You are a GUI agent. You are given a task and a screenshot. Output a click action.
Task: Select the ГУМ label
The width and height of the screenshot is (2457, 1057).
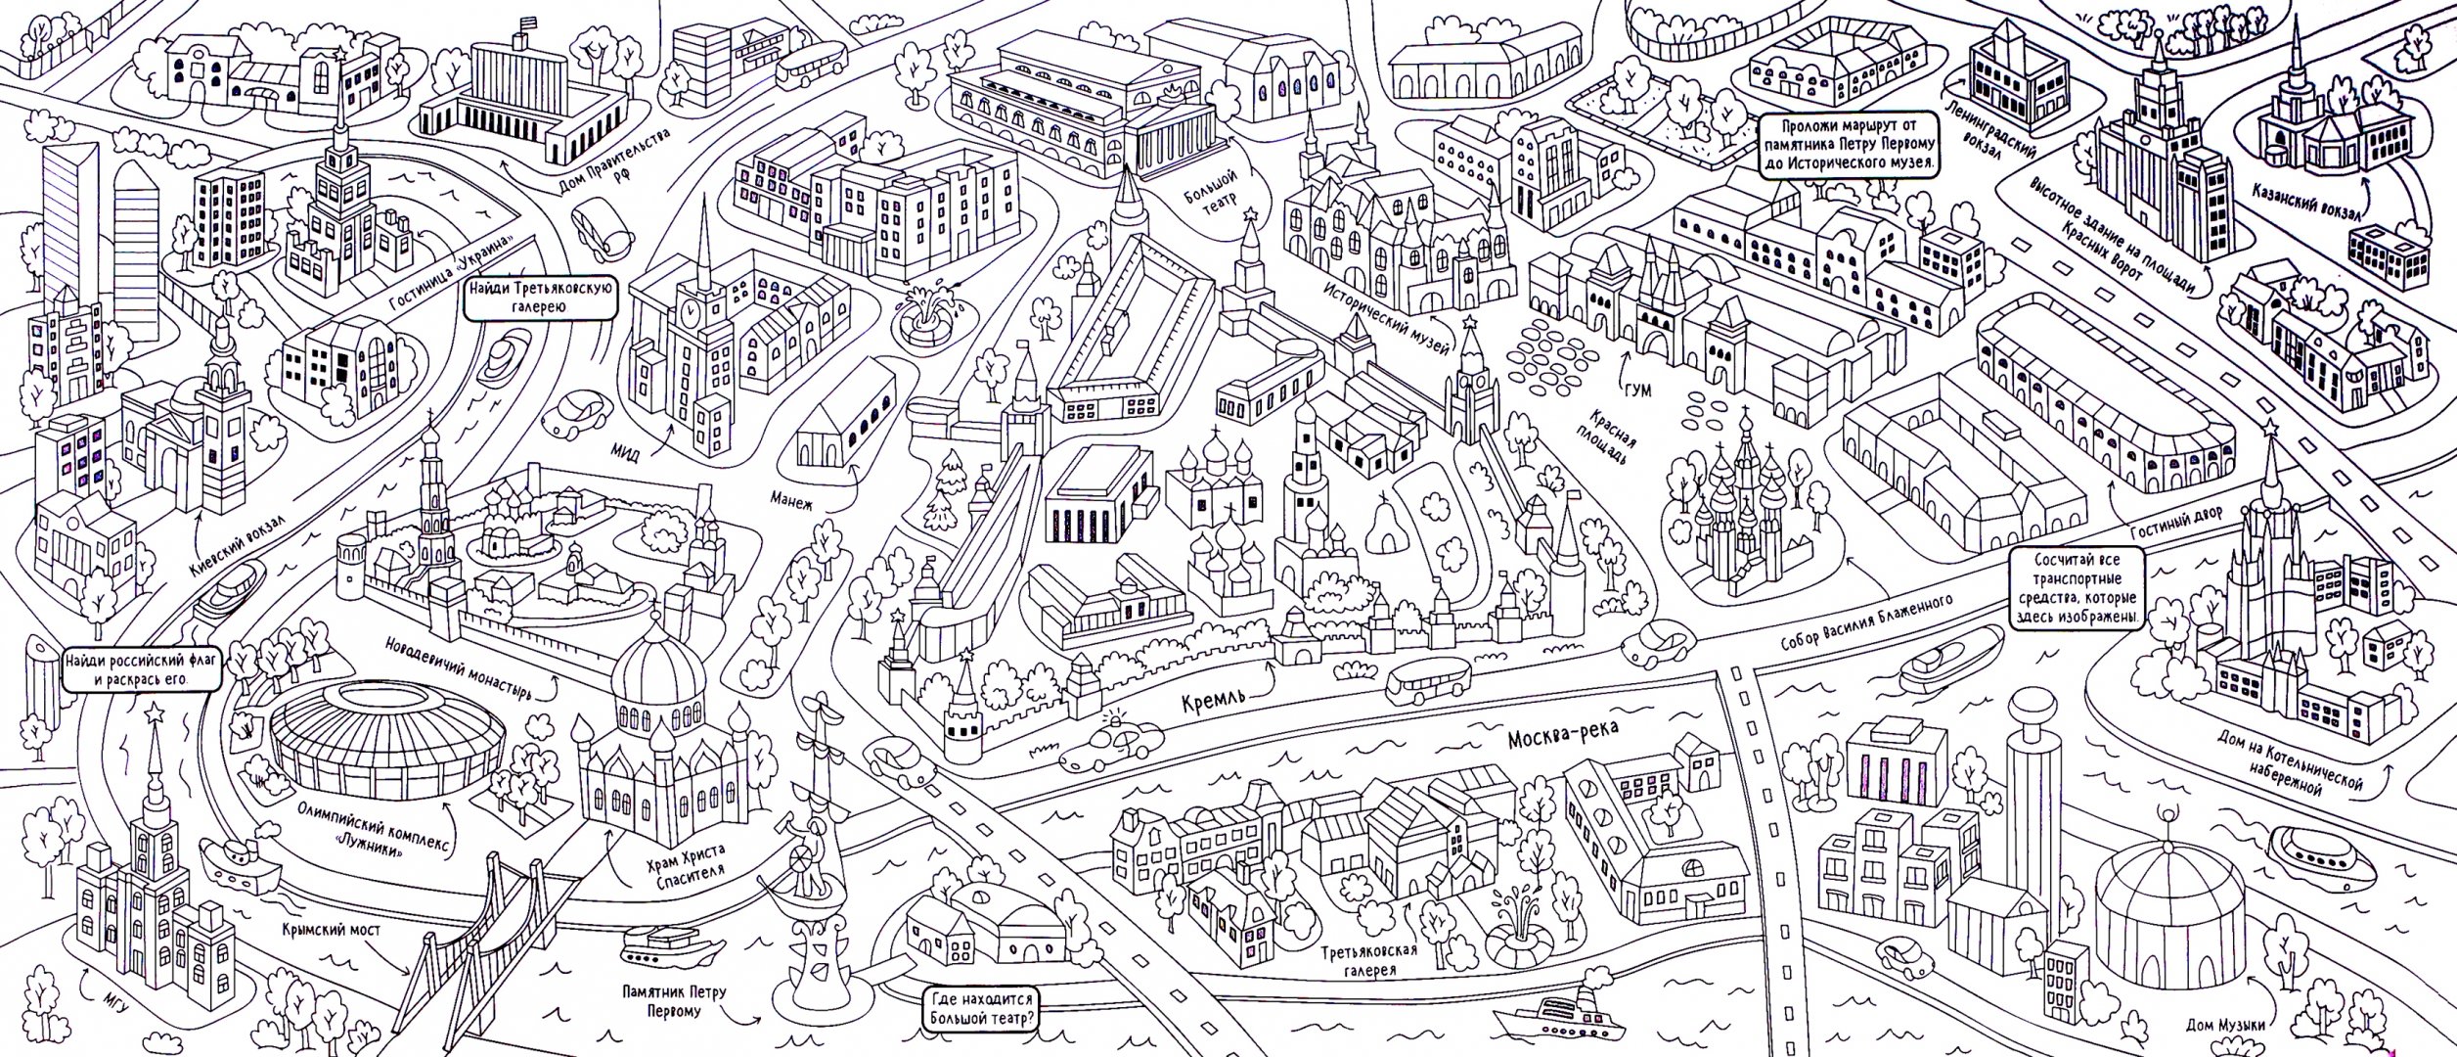(x=1635, y=391)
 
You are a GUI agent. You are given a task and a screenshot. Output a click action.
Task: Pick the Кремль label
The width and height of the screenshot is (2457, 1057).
(x=1212, y=699)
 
